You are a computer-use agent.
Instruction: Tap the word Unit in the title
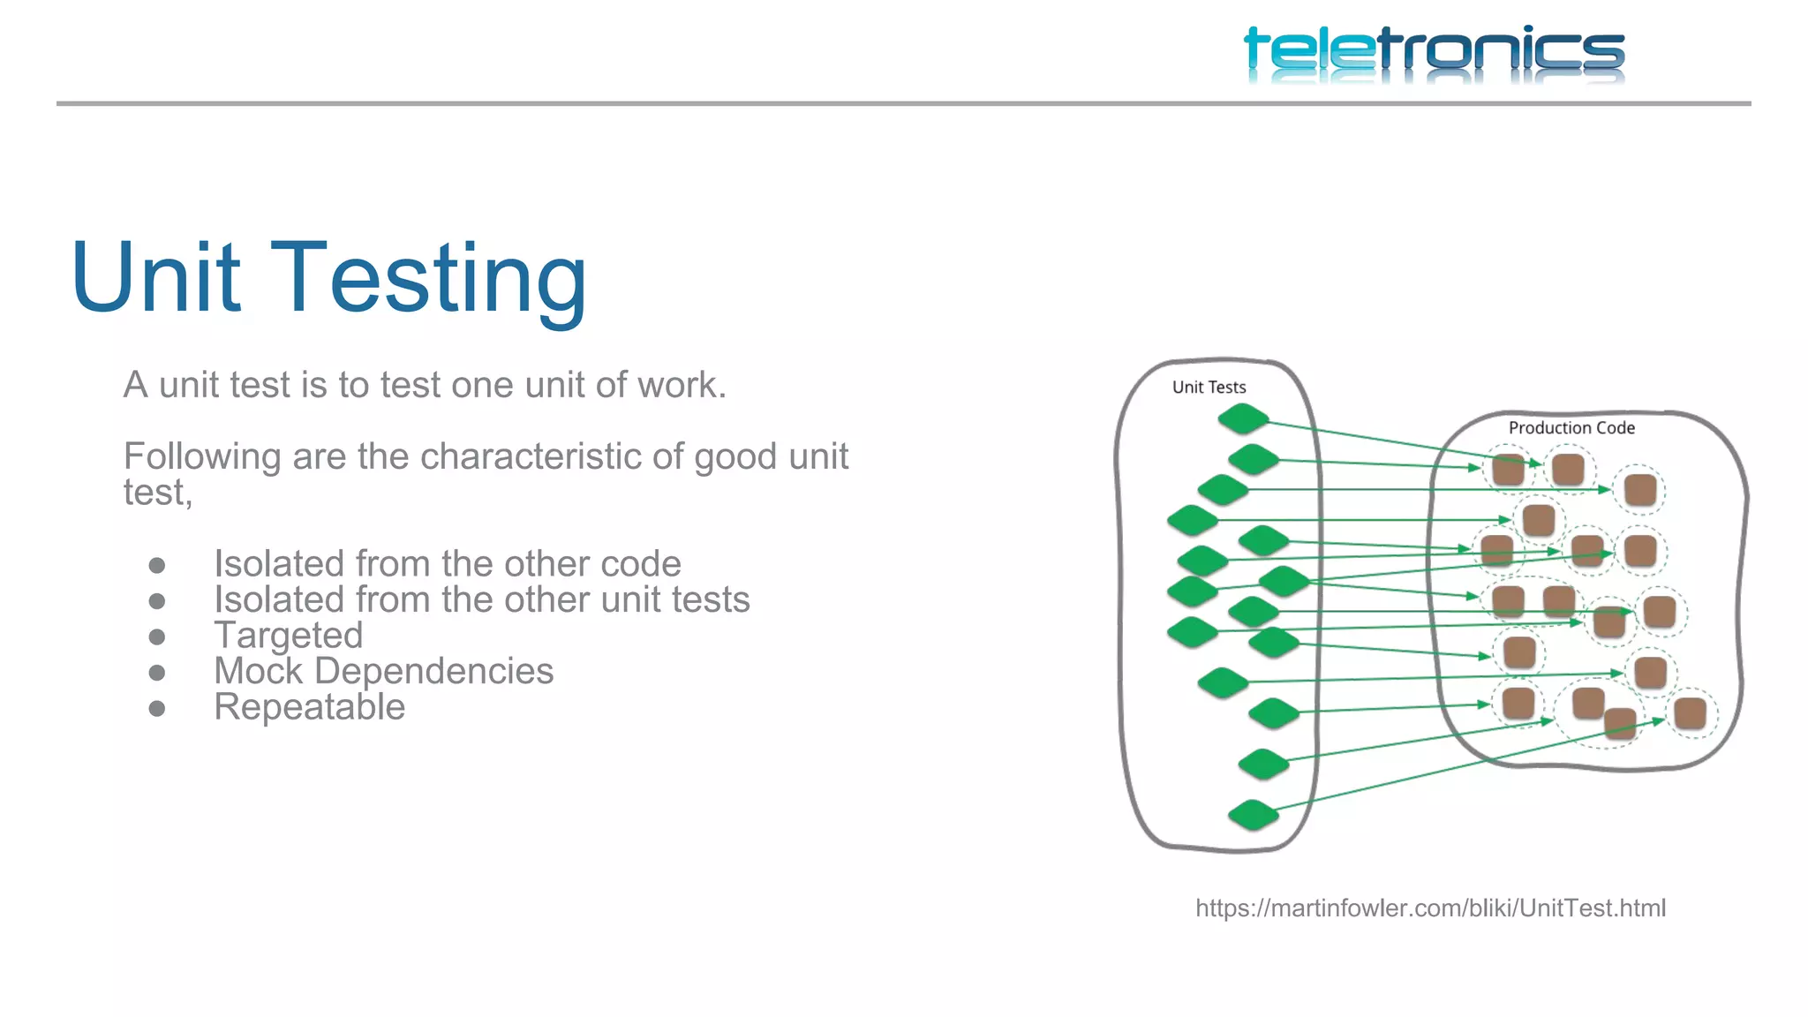coord(155,279)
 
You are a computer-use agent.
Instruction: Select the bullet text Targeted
coord(289,636)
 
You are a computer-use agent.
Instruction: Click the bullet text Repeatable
coord(309,707)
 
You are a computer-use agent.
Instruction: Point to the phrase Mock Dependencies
coord(383,671)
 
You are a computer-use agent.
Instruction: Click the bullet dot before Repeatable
coord(157,708)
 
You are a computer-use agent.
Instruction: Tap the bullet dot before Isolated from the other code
coord(157,565)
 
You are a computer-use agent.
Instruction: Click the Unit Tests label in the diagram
coord(1209,388)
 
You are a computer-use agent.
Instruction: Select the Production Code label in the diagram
coord(1571,428)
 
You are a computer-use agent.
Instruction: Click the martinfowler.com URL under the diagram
coord(1430,908)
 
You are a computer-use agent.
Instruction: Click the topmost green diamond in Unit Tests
coord(1243,418)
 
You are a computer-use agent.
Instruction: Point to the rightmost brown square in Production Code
coord(1691,713)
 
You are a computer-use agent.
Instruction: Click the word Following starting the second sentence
coord(202,457)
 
